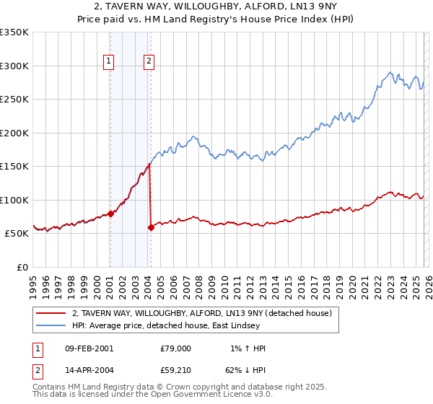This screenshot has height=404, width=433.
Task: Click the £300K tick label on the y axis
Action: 14,66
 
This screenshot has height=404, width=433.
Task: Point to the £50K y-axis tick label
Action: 17,234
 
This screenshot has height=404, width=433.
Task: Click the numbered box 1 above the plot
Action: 109,62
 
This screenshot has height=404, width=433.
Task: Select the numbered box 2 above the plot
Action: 149,62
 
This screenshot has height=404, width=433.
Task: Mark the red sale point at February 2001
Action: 110,214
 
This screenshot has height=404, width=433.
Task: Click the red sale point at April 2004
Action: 151,227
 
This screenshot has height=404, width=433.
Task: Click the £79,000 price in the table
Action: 175,348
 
